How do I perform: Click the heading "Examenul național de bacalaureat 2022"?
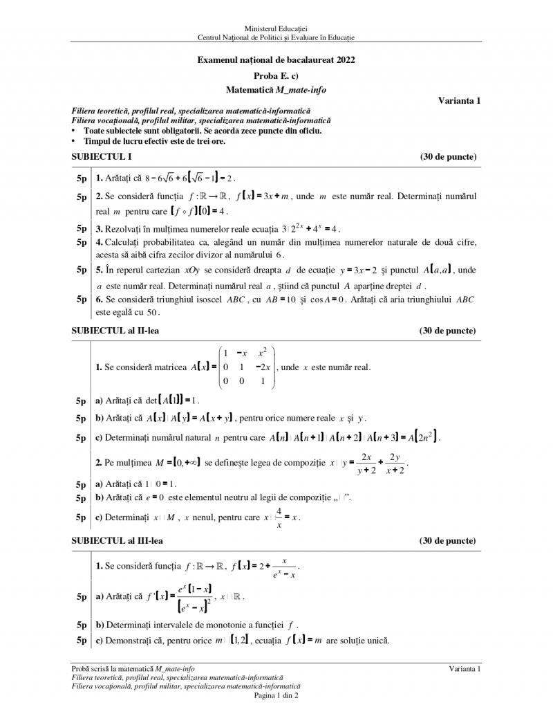point(276,61)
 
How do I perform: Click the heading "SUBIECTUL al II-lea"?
point(115,331)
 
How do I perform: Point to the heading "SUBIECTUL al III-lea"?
point(118,540)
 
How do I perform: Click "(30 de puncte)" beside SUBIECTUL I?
point(448,157)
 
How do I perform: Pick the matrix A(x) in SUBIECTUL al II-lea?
point(247,366)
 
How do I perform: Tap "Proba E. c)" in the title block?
point(276,75)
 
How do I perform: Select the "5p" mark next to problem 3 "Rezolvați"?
point(82,229)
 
